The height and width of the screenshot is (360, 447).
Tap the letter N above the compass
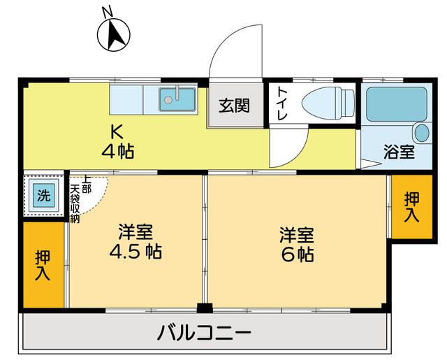pyautogui.click(x=106, y=13)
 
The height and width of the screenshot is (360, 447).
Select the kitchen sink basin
pyautogui.click(x=177, y=99)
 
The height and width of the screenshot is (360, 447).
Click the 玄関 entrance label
pyautogui.click(x=234, y=106)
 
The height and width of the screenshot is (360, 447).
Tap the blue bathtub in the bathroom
pyautogui.click(x=395, y=103)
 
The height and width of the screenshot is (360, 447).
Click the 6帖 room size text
pyautogui.click(x=298, y=254)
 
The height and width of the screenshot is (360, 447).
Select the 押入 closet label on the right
pyautogui.click(x=411, y=208)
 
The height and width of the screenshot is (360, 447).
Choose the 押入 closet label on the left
pyautogui.click(x=43, y=266)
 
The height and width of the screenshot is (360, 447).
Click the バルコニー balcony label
pyautogui.click(x=203, y=331)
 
